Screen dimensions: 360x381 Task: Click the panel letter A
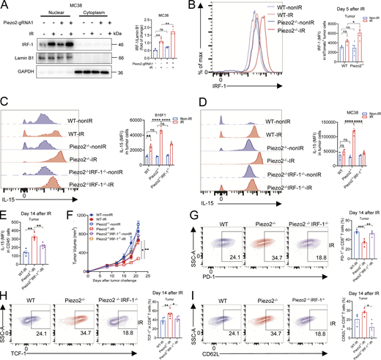[5, 6]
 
